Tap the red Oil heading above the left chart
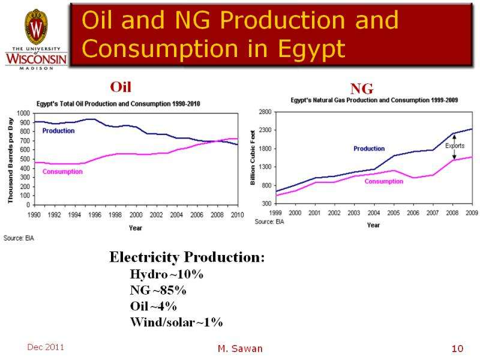point(120,88)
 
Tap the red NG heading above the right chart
point(362,89)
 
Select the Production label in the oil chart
point(58,131)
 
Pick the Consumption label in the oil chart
point(62,172)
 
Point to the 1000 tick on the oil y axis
point(23,113)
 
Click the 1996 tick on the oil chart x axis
point(95,215)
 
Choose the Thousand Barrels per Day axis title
point(11,161)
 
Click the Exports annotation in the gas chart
point(454,145)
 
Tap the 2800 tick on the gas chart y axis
point(265,112)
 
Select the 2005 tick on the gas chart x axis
point(393,213)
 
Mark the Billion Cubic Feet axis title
point(253,157)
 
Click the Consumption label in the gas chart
point(385,181)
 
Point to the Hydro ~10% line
point(167,275)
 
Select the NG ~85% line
point(158,290)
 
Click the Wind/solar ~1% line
point(176,322)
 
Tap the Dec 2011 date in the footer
point(45,347)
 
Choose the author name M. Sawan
point(240,349)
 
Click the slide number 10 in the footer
point(458,349)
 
